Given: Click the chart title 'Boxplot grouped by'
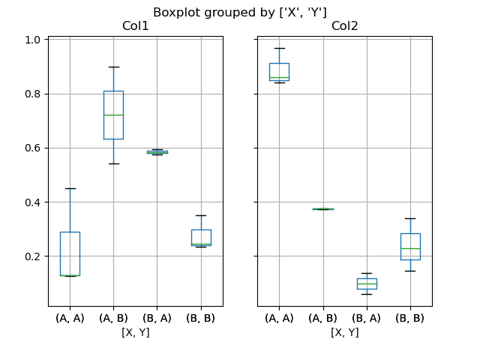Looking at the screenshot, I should coord(240,12).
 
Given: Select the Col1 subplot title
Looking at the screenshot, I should coord(135,27).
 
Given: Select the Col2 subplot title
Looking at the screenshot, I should coord(344,27).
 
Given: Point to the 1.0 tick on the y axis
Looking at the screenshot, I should coord(33,40).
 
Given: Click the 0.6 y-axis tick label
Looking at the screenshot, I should coord(33,148).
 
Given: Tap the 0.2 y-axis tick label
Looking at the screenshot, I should coord(33,256).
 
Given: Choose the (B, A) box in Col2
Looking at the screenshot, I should coord(367,283).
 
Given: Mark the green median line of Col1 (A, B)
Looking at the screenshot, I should coord(113,115).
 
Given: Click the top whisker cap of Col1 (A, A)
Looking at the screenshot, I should coord(70,188).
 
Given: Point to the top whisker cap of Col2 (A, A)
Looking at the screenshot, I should coord(279,48).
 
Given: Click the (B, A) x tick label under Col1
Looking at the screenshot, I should coord(157,318).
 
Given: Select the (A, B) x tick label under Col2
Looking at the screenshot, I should coord(322,318).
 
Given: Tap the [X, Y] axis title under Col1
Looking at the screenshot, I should coord(135,332).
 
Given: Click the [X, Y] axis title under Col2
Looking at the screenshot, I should coord(344,332).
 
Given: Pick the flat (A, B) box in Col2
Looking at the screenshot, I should coord(322,208).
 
